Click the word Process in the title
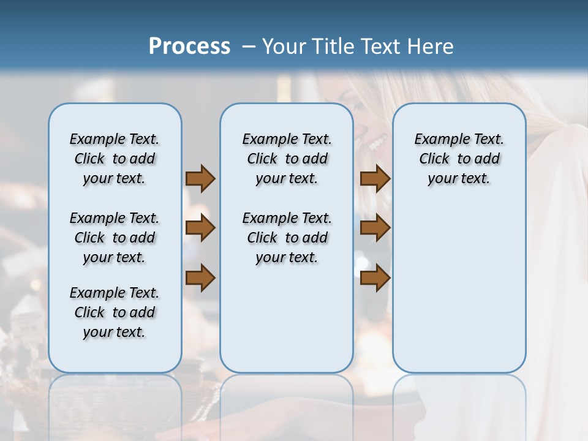[x=189, y=47]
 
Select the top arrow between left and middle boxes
[x=200, y=178]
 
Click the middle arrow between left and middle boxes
[x=200, y=228]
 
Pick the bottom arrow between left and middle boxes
[x=200, y=277]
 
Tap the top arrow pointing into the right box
[x=375, y=178]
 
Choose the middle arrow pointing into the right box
[x=375, y=228]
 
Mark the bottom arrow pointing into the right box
[x=375, y=277]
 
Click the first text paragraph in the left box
[x=115, y=159]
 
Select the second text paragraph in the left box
[x=115, y=238]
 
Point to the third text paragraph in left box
[x=115, y=312]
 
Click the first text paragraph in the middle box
[x=287, y=159]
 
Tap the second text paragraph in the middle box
[x=287, y=238]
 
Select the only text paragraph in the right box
[x=459, y=159]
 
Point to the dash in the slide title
[x=247, y=47]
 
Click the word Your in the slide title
[x=285, y=47]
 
